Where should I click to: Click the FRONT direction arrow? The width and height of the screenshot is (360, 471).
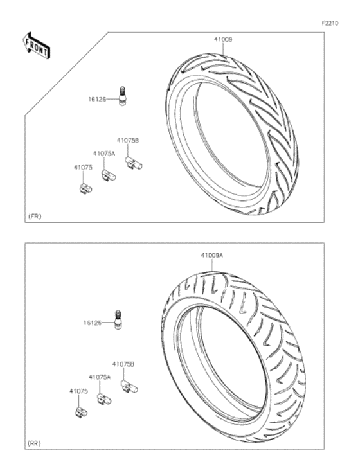[37, 46]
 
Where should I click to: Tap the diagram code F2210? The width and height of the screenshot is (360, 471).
[330, 23]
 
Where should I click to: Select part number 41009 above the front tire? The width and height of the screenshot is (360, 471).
[223, 40]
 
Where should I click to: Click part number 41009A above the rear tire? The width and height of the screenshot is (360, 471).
[212, 256]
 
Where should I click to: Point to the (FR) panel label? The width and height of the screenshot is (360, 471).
[35, 217]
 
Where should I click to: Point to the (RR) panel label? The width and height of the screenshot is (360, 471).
[35, 443]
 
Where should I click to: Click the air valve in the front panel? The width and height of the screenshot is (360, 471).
[122, 96]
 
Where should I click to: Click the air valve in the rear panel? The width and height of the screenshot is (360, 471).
[118, 319]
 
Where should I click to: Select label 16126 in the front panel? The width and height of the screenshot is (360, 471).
[97, 99]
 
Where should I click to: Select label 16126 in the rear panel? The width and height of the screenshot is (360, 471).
[93, 323]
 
